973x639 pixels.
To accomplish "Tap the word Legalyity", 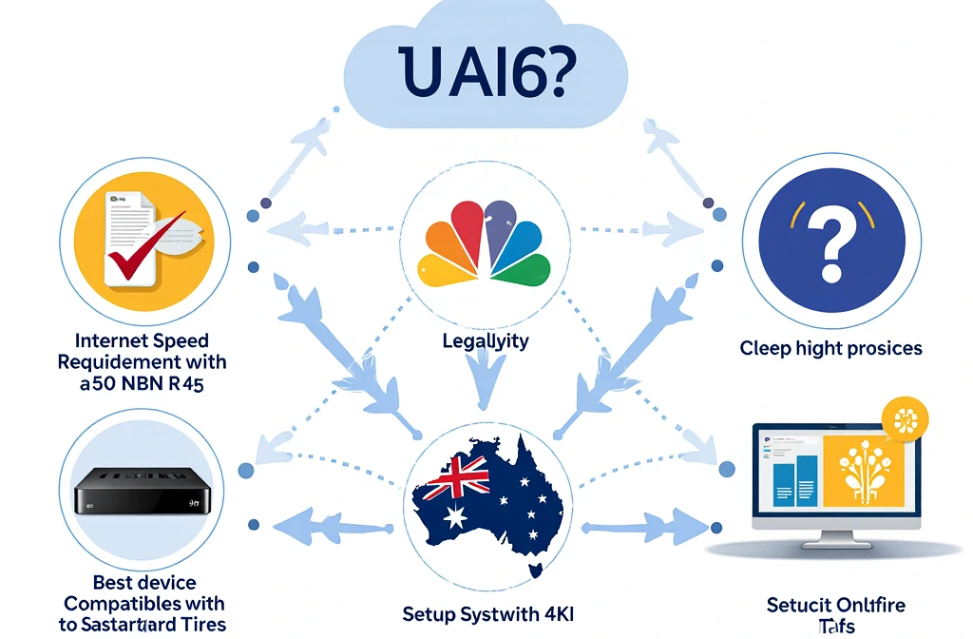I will click(x=486, y=340).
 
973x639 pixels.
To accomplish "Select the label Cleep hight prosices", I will click(x=830, y=348).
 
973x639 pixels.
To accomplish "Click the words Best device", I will click(x=144, y=582).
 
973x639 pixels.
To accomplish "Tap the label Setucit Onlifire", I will click(x=835, y=605).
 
